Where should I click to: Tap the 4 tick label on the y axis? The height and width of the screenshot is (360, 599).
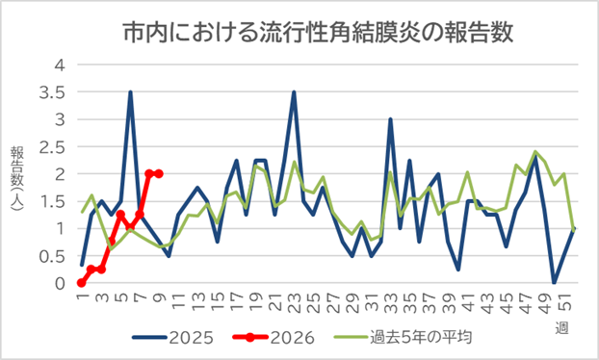click(61, 65)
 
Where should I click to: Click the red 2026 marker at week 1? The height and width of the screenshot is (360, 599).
click(82, 283)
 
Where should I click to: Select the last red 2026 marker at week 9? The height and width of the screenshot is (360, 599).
click(159, 174)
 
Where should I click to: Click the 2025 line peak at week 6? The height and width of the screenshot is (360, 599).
click(130, 92)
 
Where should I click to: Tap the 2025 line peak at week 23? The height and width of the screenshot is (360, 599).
click(294, 92)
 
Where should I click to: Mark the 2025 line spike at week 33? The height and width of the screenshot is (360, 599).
click(390, 119)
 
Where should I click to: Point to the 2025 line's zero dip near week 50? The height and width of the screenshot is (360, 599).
click(554, 283)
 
